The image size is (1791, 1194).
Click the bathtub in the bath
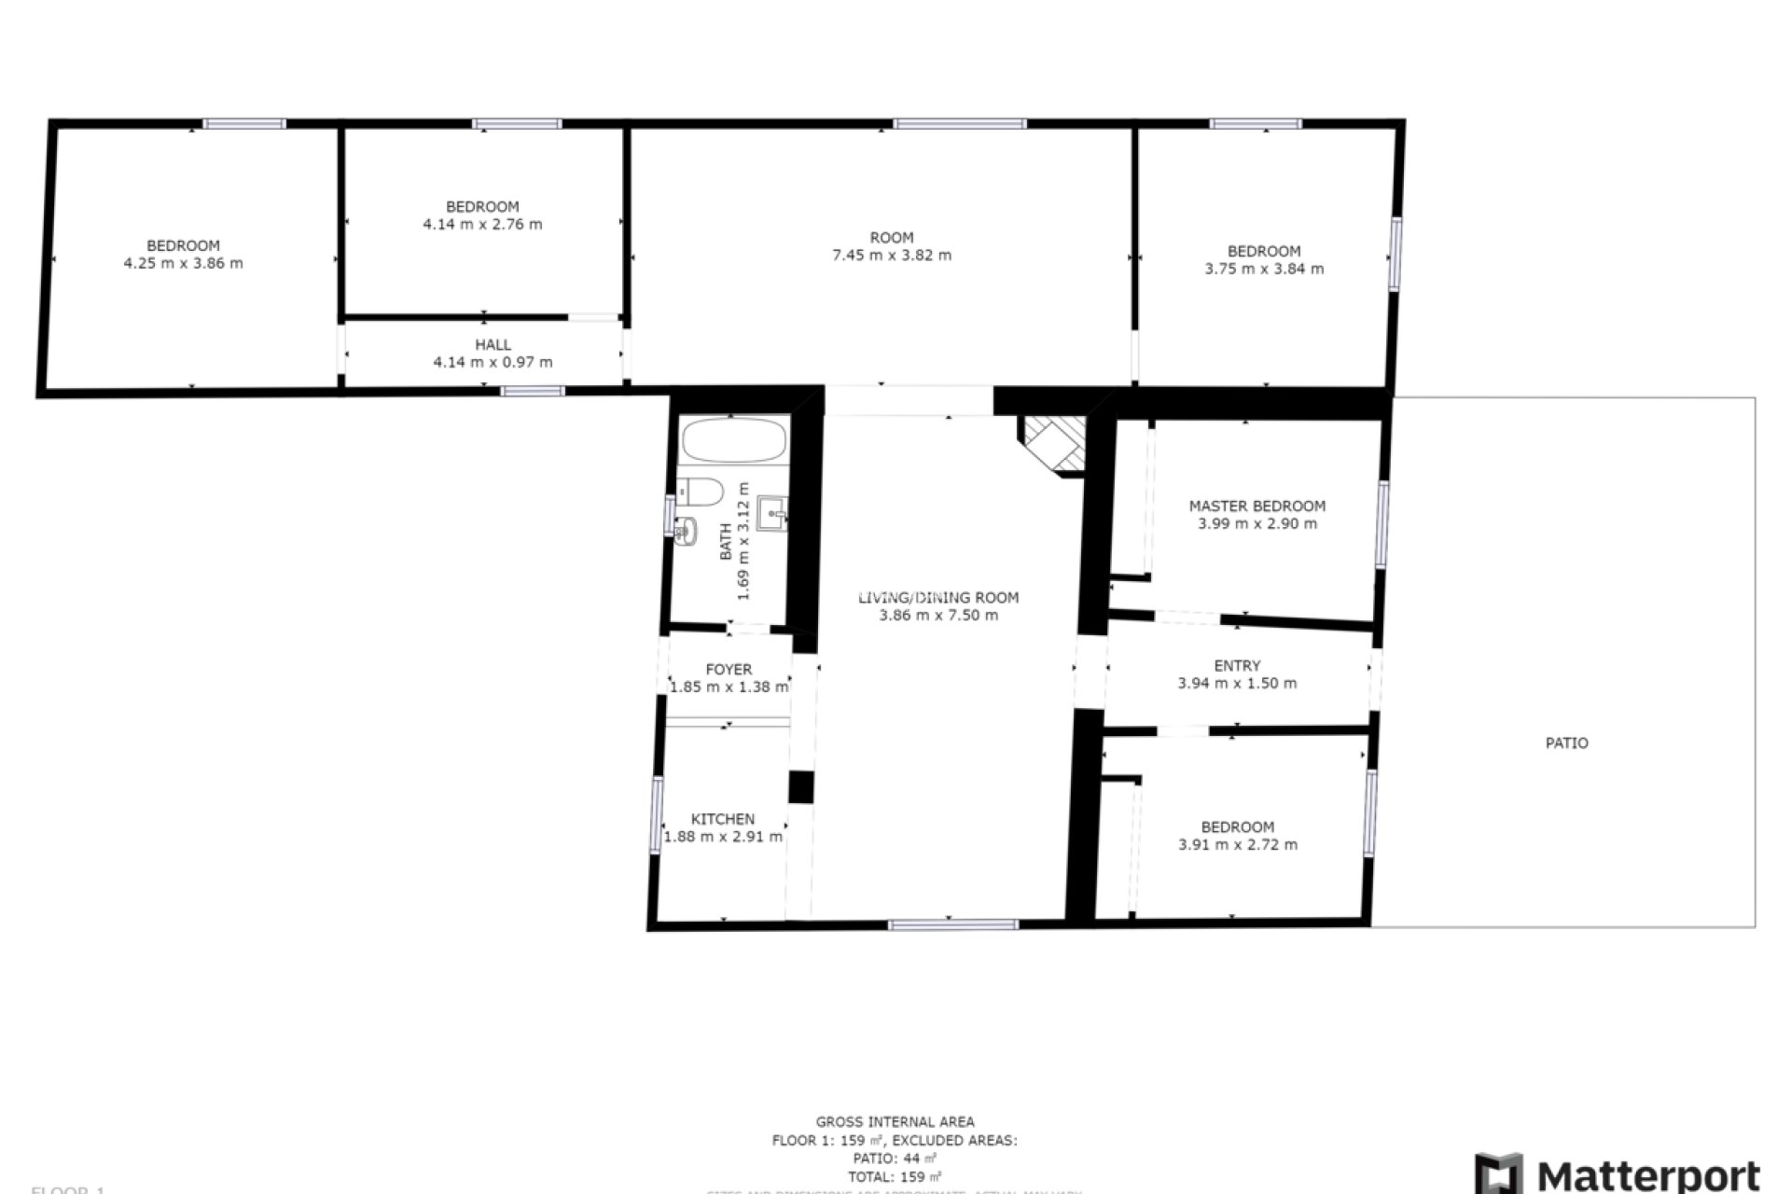[x=733, y=439]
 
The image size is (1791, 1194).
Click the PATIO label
[x=1566, y=743]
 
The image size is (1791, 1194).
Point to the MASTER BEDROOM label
[x=1256, y=507]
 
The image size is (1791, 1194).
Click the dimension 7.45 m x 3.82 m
[x=891, y=256]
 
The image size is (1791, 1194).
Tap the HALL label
[x=493, y=345]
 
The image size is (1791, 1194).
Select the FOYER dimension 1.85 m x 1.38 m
[x=729, y=687]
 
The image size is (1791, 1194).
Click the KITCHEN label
[x=722, y=819]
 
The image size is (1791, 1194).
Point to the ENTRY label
[x=1237, y=666]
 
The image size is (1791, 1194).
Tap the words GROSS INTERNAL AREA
[x=895, y=1122]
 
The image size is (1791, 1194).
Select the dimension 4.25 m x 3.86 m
[x=183, y=264]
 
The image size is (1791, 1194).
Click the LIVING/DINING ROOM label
[x=938, y=598]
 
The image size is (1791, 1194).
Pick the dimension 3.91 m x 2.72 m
[x=1237, y=845]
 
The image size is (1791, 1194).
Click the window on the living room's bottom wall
[x=952, y=924]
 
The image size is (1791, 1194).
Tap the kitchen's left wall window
[x=657, y=814]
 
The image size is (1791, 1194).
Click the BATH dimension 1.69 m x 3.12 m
[x=743, y=541]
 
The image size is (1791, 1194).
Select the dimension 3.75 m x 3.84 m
[x=1263, y=270]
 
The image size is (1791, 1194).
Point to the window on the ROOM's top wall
[x=960, y=124]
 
